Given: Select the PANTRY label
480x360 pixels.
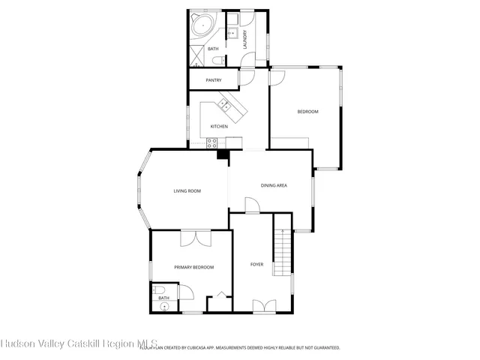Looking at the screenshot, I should (213, 79).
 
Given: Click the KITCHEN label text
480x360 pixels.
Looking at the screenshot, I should (219, 126).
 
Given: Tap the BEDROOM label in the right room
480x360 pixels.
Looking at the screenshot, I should (307, 112).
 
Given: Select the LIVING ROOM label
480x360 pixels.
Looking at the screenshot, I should (187, 190).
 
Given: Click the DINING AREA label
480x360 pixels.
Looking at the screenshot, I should (274, 184).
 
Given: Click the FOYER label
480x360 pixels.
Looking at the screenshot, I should (256, 264).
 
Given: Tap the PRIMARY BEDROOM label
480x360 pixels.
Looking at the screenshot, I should (193, 267).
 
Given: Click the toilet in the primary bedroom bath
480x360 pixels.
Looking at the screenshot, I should (161, 292).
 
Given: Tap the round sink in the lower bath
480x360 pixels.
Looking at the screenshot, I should (163, 306).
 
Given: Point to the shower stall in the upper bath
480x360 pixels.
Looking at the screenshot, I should (196, 55).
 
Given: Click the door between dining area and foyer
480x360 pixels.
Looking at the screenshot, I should (252, 206).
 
